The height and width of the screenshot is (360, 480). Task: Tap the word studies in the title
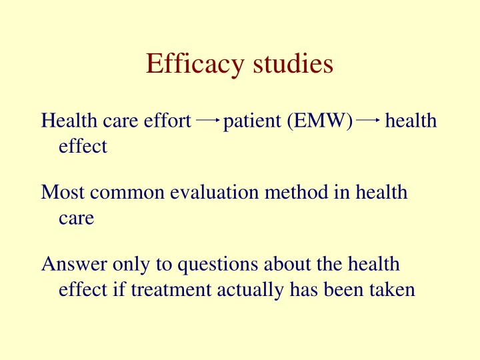[293, 63]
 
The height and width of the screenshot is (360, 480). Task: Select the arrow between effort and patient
[208, 120]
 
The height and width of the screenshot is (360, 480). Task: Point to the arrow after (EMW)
[368, 120]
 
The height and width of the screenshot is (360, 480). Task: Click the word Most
[63, 193]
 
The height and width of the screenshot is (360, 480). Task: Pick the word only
[129, 265]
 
